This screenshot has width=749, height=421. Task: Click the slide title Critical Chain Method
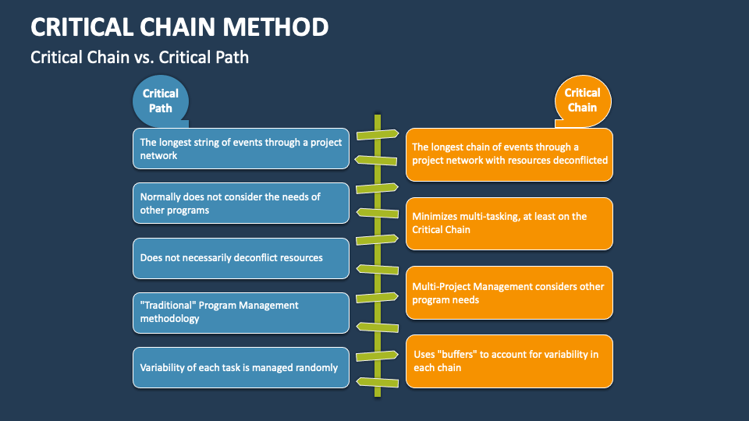[x=179, y=27]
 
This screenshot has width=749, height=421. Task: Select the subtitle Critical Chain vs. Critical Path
[x=140, y=57]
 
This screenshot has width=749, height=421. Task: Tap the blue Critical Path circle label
[x=160, y=101]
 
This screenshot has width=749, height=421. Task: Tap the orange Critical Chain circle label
[x=582, y=101]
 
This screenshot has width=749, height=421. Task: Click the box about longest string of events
[x=240, y=149]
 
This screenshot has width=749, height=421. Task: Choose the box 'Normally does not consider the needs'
[x=240, y=203]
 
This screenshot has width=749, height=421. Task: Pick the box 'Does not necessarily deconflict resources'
[x=240, y=258]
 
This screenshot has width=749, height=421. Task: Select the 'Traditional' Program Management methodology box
[x=240, y=313]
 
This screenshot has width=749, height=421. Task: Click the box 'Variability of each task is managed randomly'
[x=240, y=367]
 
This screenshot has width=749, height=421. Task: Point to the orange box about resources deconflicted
[x=509, y=154]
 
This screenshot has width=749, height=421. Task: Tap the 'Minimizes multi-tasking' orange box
[x=509, y=224]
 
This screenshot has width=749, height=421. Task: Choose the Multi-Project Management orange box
[x=509, y=293]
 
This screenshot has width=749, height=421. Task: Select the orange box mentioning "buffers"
[x=509, y=361]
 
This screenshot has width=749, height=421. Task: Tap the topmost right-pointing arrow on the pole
[x=378, y=134]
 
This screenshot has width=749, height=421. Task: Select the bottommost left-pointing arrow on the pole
[x=378, y=381]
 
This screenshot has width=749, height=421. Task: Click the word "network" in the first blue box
[x=158, y=156]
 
